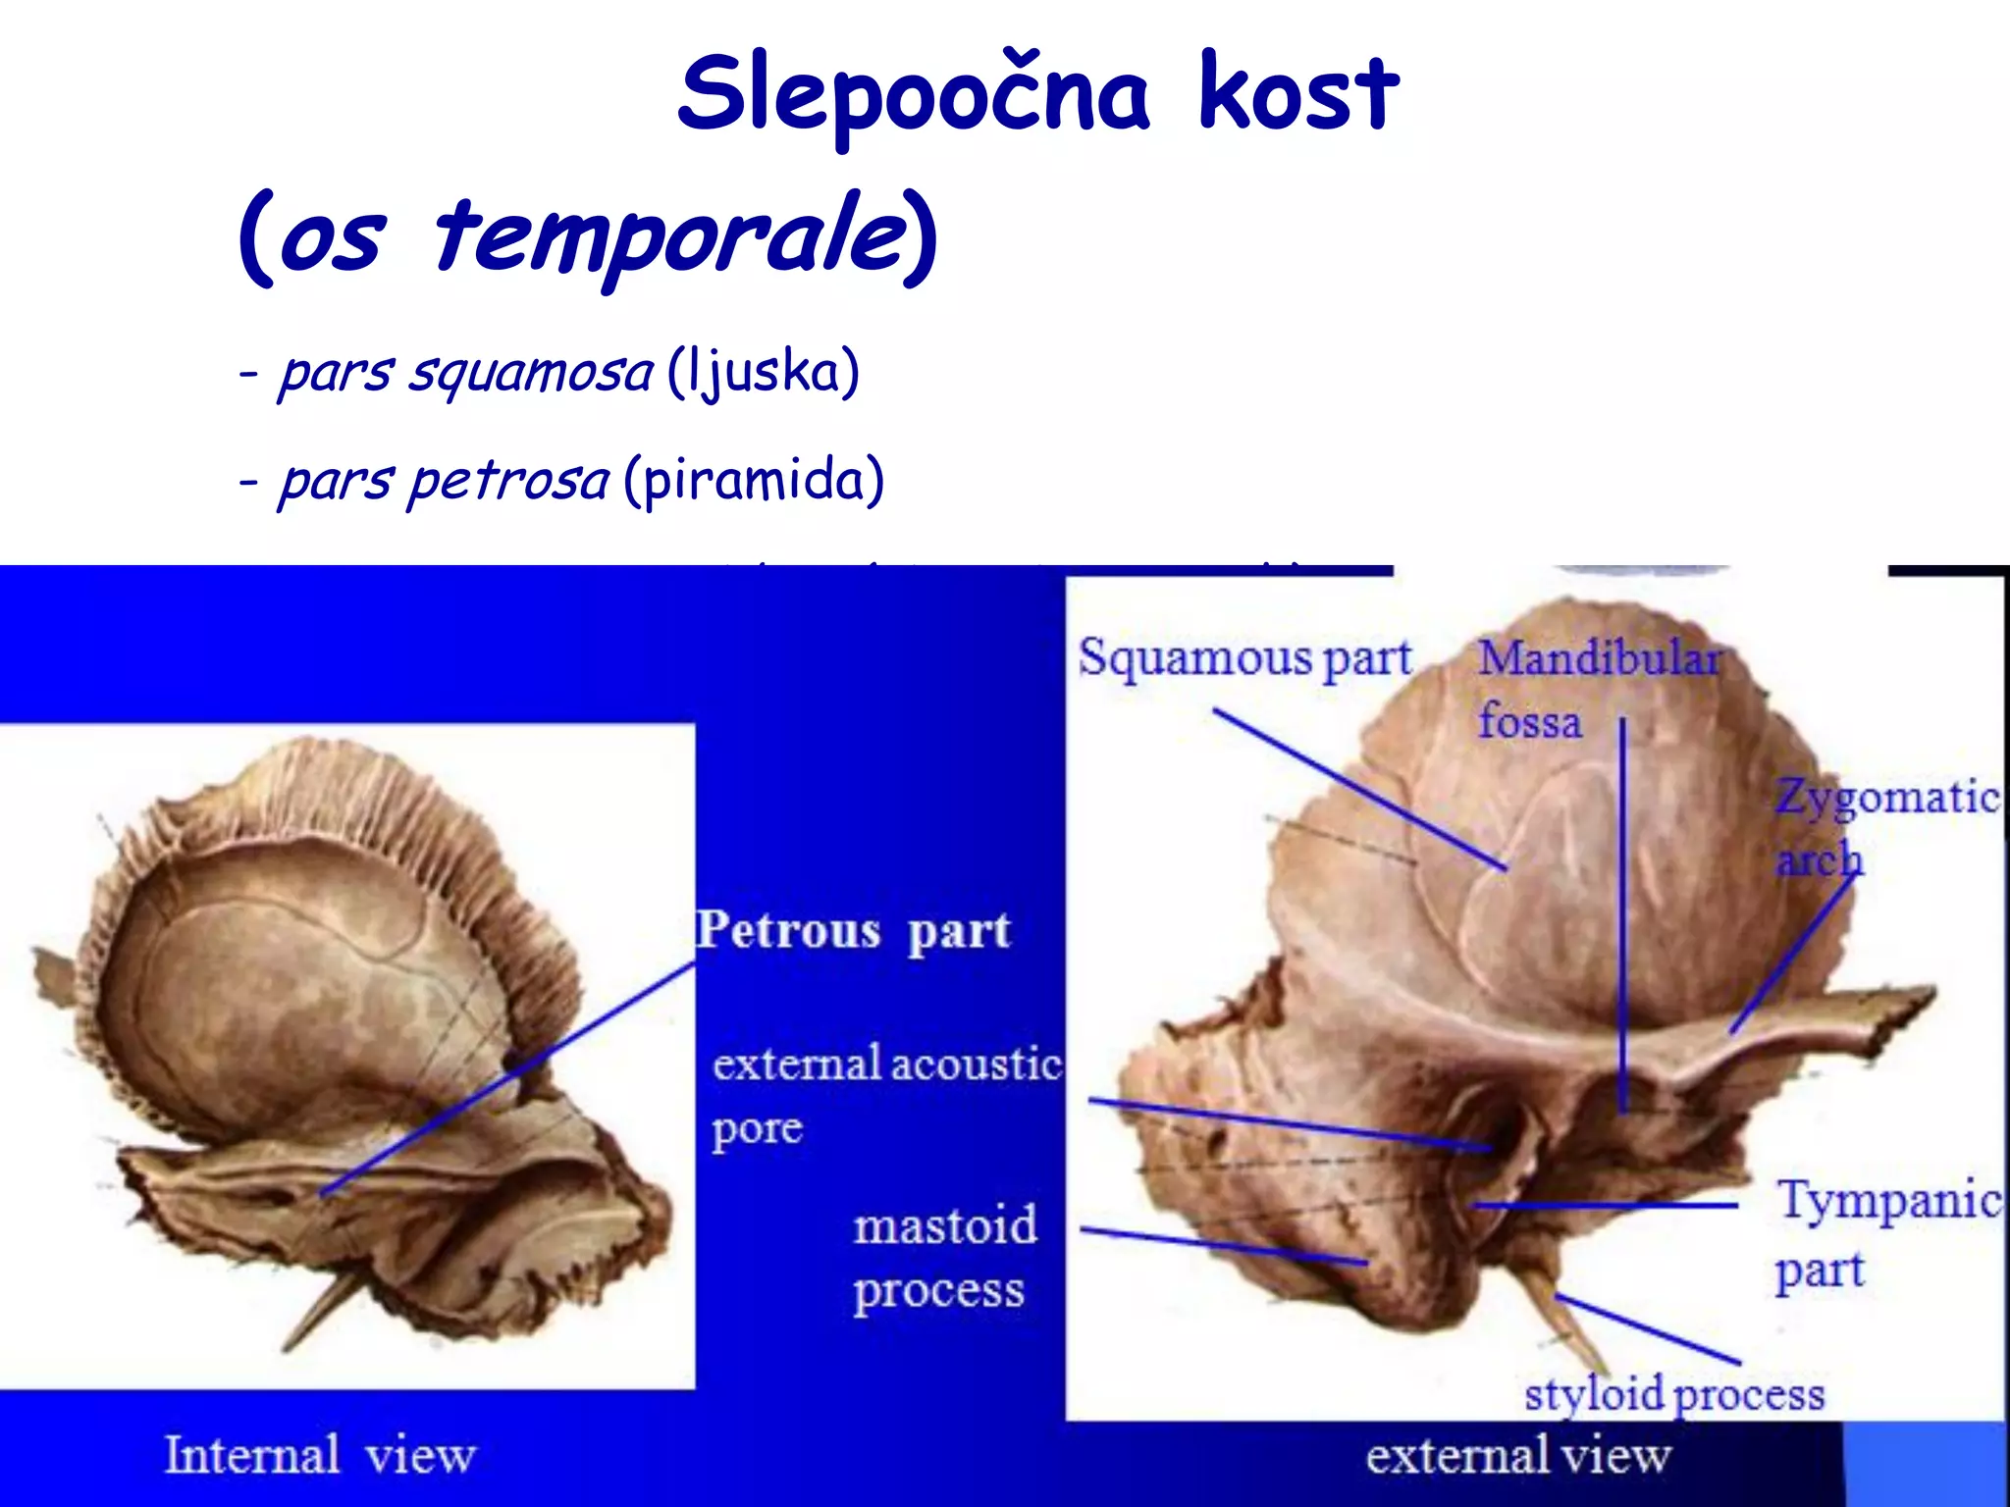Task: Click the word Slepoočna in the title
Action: click(913, 94)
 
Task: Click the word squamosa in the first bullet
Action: click(530, 373)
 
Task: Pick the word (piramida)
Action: click(754, 481)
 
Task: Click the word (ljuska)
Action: click(763, 373)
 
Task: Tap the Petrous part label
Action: click(853, 931)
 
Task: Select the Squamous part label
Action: click(1244, 658)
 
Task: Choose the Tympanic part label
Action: click(1886, 1234)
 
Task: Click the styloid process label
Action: click(1673, 1394)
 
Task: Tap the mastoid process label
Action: click(943, 1258)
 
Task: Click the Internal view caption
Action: click(320, 1455)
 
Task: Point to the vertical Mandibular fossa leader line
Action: click(1622, 912)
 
